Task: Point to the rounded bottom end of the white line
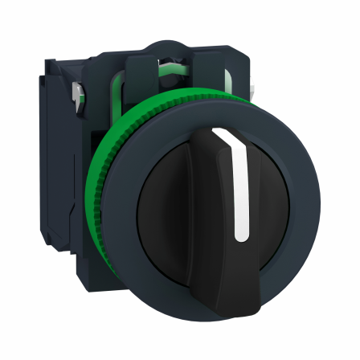pyautogui.click(x=240, y=237)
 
